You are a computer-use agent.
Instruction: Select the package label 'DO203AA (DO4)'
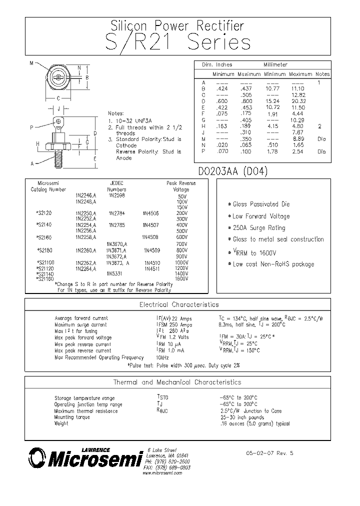pyautogui.click(x=233, y=171)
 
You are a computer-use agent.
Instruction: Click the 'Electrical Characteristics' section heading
pyautogui.click(x=178, y=304)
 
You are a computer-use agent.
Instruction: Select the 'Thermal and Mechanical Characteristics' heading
pyautogui.click(x=177, y=382)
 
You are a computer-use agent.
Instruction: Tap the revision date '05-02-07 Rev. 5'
pyautogui.click(x=269, y=453)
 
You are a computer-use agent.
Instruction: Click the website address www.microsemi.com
pyautogui.click(x=162, y=472)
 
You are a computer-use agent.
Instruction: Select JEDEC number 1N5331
pyautogui.click(x=114, y=273)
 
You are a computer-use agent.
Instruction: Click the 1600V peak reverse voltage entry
pyautogui.click(x=182, y=278)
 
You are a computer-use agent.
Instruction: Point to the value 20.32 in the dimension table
pyautogui.click(x=298, y=101)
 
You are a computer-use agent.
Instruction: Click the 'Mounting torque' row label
pyautogui.click(x=72, y=417)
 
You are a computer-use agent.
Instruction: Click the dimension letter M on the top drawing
pyautogui.click(x=31, y=63)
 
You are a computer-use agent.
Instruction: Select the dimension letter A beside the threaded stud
pyautogui.click(x=31, y=163)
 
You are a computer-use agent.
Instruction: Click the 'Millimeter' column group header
pyautogui.click(x=275, y=65)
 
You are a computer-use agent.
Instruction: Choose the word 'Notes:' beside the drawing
pyautogui.click(x=115, y=113)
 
